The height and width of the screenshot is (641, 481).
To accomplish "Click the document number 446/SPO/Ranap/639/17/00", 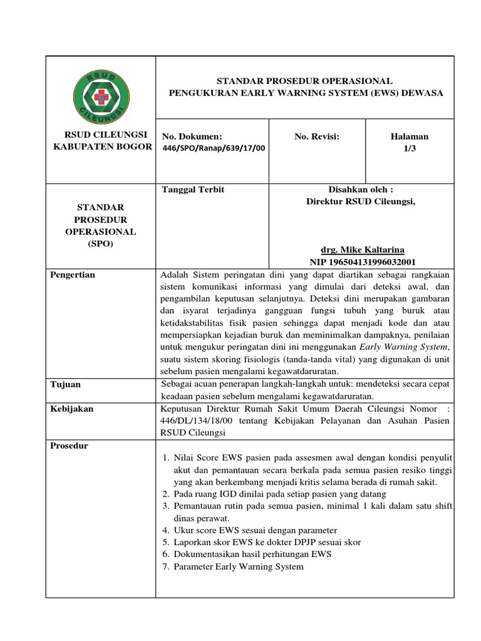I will [x=213, y=148].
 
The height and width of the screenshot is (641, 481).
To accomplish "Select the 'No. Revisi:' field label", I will [x=316, y=136].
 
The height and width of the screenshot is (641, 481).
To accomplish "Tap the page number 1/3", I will [x=410, y=148].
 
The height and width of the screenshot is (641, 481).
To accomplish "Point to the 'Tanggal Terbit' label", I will [x=193, y=190].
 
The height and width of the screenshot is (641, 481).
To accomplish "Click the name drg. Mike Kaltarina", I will [x=360, y=249].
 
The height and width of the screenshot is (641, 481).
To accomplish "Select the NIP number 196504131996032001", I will [x=363, y=262].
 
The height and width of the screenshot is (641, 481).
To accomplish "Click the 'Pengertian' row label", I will [x=73, y=275].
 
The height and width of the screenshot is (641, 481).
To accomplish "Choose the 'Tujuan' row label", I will [x=66, y=384].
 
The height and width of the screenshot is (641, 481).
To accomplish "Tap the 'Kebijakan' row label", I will [x=73, y=409].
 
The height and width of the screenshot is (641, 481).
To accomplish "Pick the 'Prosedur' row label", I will [x=70, y=446].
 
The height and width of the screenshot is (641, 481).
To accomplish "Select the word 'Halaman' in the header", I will [x=410, y=136].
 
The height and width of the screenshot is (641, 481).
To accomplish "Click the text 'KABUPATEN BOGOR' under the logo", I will [x=101, y=146].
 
